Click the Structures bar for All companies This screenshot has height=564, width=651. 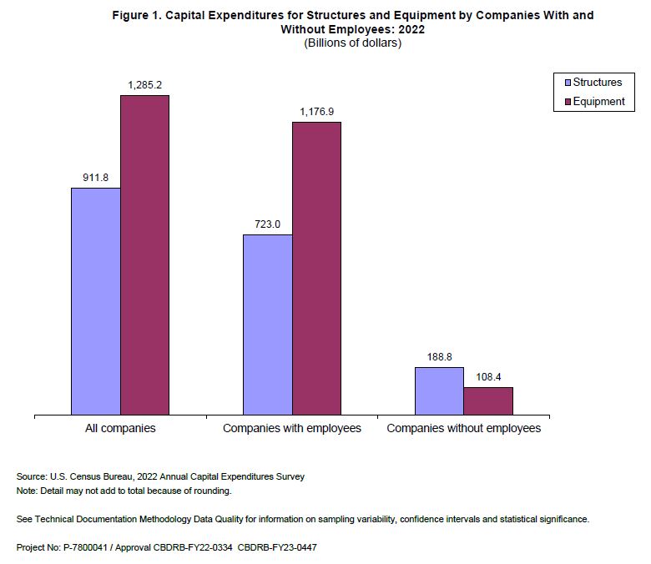tap(96, 300)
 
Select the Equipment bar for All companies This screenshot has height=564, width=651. tap(145, 254)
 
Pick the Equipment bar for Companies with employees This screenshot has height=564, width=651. tap(316, 268)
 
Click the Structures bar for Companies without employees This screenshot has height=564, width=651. tap(439, 390)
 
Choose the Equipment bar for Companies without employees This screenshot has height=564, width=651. tap(488, 400)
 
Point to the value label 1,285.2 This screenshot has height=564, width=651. tap(144, 85)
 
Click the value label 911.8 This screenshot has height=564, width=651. tap(95, 178)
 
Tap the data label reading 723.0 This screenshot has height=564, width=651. tap(267, 224)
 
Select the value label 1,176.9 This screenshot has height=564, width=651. tap(316, 112)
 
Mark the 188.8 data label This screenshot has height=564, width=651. tap(439, 357)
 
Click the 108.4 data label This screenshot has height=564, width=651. tap(488, 377)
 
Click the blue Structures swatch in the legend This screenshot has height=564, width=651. tap(567, 83)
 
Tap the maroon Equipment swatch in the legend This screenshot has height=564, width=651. tap(567, 102)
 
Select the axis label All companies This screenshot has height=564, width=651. tap(121, 428)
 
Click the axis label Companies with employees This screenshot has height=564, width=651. tap(292, 428)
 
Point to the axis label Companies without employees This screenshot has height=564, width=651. tap(464, 428)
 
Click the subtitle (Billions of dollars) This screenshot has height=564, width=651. tap(352, 43)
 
